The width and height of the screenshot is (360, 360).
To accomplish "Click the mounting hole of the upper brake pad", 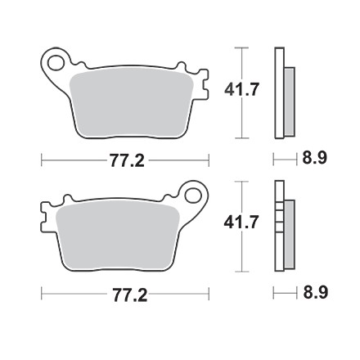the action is [56, 63].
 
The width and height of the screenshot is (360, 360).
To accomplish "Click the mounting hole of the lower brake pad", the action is [193, 196].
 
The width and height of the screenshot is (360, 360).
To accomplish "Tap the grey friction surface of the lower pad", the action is [117, 235].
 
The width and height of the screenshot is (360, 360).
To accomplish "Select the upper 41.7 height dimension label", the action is [241, 89].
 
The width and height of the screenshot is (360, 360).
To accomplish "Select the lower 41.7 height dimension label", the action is [241, 223].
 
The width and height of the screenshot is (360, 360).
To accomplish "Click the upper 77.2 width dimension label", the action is [127, 161].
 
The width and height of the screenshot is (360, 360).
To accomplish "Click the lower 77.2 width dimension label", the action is [130, 295].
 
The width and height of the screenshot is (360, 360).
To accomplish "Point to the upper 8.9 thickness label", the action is [314, 158].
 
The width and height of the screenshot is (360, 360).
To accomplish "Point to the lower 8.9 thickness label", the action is [316, 293].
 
